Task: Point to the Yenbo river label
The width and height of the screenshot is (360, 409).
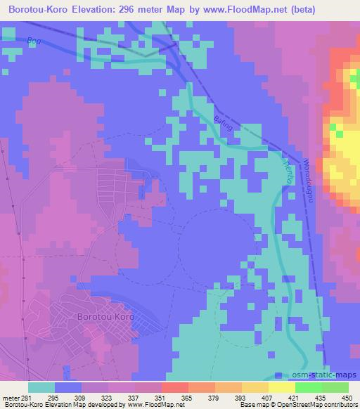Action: pos(288,170)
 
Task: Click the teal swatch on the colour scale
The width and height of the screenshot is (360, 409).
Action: pos(42,387)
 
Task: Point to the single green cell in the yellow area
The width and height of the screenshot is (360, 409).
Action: pos(339,132)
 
